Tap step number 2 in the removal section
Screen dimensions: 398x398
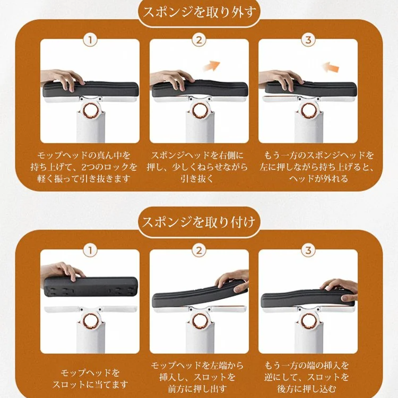tap(199, 40)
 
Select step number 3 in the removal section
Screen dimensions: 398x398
tap(308, 40)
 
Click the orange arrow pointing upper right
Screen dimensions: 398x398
tap(212, 65)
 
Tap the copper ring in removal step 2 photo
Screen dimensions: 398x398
tap(200, 110)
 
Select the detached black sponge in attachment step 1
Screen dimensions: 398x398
tap(90, 287)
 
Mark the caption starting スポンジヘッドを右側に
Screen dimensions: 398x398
tap(199, 167)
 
